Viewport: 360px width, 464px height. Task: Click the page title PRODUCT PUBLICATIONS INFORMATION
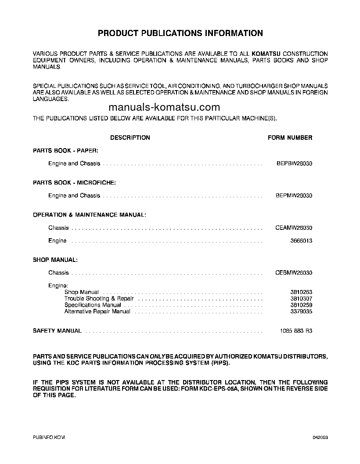[180, 33]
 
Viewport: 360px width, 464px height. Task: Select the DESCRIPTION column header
[130, 138]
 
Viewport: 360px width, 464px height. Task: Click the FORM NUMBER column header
[290, 138]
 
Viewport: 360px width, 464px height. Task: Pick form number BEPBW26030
[294, 163]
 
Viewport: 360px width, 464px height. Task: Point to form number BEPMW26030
[294, 196]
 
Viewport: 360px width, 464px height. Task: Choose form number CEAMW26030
[294, 228]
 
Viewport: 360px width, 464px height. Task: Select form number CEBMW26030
[294, 273]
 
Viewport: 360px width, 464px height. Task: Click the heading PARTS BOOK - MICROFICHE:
[74, 182]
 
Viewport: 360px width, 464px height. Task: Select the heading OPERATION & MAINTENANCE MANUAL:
[89, 215]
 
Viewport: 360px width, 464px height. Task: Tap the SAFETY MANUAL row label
[57, 331]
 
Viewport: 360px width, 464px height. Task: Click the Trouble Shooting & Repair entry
[99, 299]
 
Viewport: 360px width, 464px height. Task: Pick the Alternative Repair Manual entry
[97, 312]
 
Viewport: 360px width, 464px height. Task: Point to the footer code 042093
[320, 438]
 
